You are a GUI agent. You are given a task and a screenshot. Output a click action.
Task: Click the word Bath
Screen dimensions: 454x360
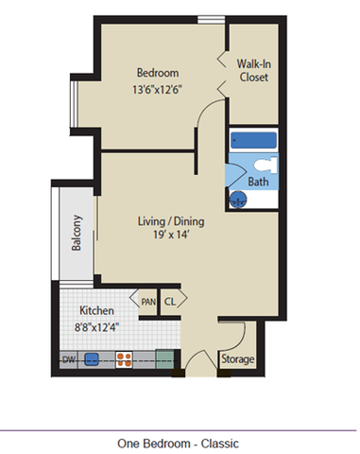(x=258, y=182)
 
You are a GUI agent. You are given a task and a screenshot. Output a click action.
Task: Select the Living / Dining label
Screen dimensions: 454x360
(x=171, y=222)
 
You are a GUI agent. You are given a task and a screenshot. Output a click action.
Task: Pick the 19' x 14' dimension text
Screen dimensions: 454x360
(x=171, y=238)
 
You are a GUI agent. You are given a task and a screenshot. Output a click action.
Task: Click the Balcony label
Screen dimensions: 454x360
(x=77, y=234)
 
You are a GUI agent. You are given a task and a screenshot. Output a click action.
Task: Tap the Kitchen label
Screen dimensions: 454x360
(x=97, y=310)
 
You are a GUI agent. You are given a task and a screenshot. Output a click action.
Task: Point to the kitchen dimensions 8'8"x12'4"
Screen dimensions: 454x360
(x=97, y=327)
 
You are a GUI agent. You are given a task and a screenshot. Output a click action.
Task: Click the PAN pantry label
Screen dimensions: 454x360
(x=148, y=302)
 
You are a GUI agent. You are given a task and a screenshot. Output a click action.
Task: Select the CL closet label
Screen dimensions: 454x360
(x=171, y=302)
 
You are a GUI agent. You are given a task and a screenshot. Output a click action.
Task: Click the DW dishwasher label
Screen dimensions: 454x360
(x=68, y=359)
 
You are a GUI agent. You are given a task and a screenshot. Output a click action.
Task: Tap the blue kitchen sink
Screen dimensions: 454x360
(x=93, y=359)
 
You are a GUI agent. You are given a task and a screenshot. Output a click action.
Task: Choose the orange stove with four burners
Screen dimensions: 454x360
(x=124, y=359)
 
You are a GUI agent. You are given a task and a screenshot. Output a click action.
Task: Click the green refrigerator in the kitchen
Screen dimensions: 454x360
(x=164, y=359)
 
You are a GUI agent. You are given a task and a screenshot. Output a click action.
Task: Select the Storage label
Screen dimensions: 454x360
(x=236, y=360)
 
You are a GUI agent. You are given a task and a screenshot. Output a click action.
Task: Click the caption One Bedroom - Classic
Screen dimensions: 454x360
(x=178, y=443)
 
